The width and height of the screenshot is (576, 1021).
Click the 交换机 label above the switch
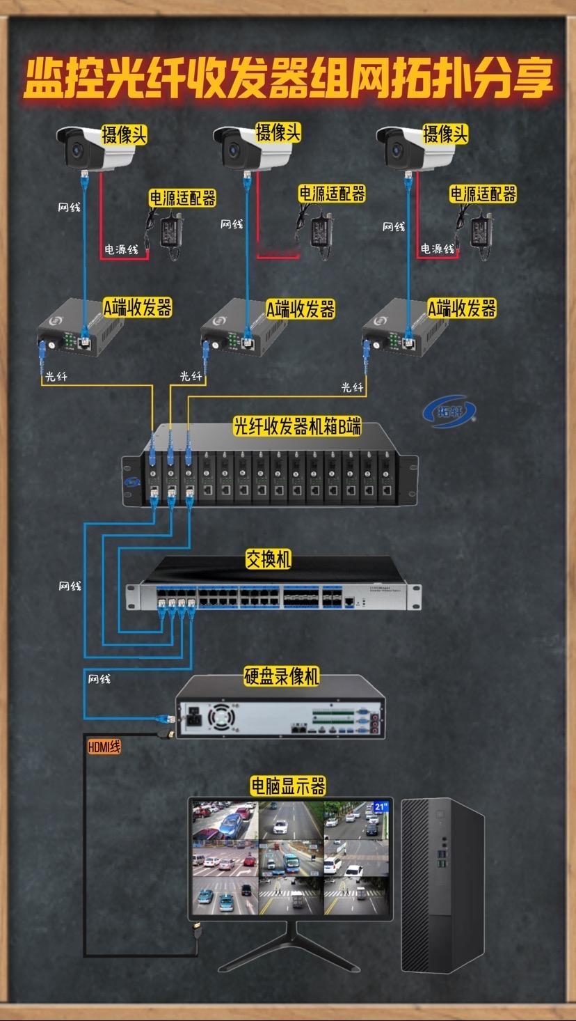pos(268,559)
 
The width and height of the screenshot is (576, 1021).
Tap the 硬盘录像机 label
pos(282,676)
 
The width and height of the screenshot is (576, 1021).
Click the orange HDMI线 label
pos(104,747)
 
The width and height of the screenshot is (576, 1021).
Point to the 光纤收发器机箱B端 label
pos(297,426)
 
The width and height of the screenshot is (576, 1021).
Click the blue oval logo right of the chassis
pos(449,412)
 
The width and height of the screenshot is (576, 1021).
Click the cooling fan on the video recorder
pos(221,717)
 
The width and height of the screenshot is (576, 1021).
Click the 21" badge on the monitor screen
pos(381,806)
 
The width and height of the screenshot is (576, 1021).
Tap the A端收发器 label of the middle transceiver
pos(301,309)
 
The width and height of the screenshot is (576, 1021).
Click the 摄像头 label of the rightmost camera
pos(445,134)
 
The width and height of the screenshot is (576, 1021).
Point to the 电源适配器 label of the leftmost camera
pos(182,198)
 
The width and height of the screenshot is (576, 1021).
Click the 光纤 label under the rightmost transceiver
pos(353,387)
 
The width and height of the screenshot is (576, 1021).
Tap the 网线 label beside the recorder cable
pos(99,679)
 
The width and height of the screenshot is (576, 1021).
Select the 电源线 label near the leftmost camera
pos(121,249)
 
